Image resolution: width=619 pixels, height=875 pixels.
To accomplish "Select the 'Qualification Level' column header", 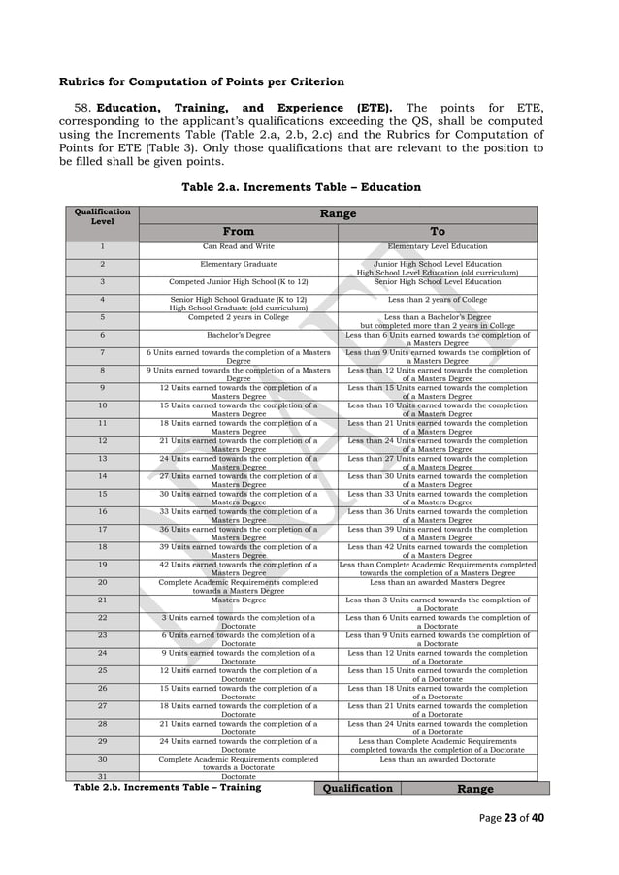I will point(102,222).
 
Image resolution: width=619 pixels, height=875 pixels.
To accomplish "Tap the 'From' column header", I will point(239,232).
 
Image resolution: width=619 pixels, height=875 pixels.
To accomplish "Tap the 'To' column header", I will point(438,232).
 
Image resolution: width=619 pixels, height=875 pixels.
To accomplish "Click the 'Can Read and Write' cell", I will point(239,247).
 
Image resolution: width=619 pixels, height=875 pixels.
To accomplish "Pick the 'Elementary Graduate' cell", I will point(239,264).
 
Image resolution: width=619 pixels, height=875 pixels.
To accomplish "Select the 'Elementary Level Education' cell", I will point(438,247).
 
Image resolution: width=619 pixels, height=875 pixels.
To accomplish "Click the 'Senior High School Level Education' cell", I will point(438,281).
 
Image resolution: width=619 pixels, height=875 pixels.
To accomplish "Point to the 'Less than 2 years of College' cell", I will point(438,300).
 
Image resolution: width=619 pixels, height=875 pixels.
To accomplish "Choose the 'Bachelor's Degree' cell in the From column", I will point(239,335).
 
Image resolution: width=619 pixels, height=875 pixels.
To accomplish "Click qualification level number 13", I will point(102,459).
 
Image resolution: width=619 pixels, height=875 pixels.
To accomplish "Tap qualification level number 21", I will point(102,600).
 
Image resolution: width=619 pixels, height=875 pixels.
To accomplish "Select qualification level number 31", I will point(102,777).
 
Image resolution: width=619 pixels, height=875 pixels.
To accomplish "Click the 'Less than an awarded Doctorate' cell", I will point(438,760).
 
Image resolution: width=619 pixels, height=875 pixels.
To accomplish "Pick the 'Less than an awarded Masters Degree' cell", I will point(438,583).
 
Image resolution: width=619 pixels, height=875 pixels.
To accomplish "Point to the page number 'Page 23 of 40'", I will point(511,817).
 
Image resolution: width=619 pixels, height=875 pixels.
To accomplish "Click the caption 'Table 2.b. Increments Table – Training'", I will point(168,788).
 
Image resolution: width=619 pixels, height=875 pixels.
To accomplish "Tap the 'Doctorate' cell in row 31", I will point(239,777).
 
